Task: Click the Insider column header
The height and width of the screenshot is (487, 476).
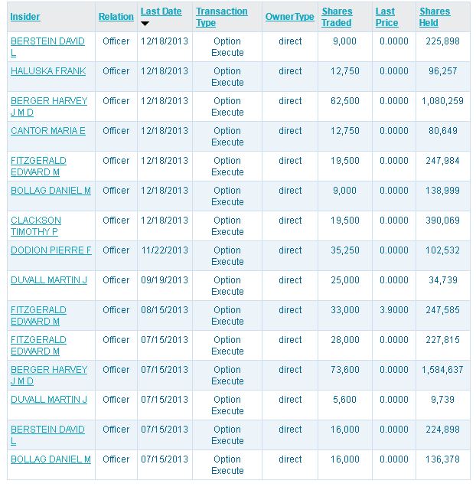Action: click(25, 17)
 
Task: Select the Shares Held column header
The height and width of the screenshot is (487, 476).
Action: click(435, 17)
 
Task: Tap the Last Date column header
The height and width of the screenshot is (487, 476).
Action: click(161, 11)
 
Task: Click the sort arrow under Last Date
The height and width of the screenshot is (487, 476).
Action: click(145, 24)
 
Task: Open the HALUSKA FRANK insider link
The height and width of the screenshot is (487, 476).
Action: click(48, 71)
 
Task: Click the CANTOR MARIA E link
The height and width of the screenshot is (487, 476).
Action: click(48, 131)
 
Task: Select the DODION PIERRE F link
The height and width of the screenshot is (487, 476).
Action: click(51, 250)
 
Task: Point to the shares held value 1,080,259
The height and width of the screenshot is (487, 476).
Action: click(442, 101)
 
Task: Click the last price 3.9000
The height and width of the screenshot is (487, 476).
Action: click(394, 310)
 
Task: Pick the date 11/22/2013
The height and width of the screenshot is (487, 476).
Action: click(165, 250)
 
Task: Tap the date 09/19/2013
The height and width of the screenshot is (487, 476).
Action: click(165, 280)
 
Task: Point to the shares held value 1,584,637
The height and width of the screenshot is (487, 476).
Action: click(442, 370)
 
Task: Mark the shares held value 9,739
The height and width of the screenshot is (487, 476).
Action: click(448, 400)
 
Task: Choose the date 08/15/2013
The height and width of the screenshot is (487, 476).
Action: click(165, 310)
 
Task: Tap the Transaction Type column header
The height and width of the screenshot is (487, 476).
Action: click(222, 17)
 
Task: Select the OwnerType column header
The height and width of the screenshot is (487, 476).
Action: click(289, 17)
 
